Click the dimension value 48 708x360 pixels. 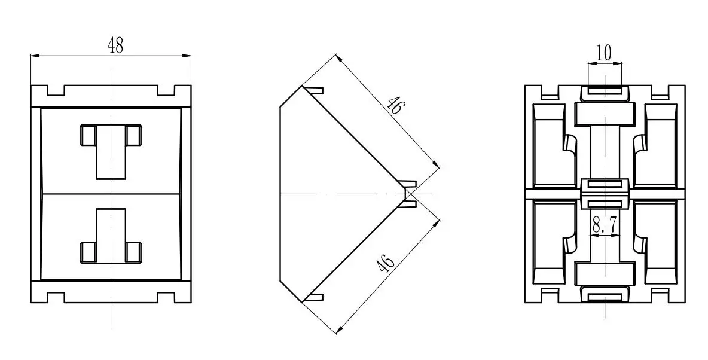coord(115,45)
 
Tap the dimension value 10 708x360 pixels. coord(604,53)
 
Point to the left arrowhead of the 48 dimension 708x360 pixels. coord(36,56)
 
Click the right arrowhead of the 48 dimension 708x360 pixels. coord(186,56)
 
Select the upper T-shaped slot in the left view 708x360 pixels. coord(111,151)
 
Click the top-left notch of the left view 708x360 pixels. coord(56,90)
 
